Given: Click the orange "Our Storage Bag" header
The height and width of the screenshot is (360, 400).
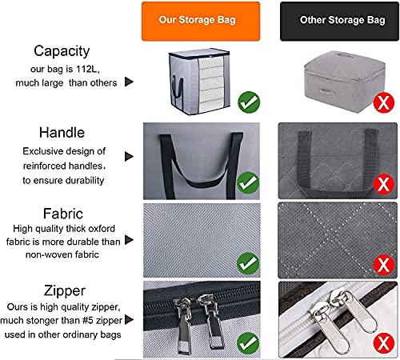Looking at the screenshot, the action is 201,22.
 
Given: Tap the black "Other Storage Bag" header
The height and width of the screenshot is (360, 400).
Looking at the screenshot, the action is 339,22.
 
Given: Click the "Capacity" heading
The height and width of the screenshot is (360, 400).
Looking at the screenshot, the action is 62,51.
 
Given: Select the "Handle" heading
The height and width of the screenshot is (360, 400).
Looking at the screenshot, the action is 62,133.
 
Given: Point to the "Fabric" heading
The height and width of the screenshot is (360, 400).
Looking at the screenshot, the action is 63,214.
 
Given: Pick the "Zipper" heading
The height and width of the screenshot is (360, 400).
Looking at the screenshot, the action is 65,290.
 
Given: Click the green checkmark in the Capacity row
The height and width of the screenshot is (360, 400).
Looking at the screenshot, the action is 249,102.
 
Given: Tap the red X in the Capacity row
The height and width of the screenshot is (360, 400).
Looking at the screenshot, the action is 384,102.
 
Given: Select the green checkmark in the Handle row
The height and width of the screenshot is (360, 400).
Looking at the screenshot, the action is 248,183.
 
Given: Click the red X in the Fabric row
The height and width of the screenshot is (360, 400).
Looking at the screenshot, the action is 384,265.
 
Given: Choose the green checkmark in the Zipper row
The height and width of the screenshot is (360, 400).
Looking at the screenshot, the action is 248,343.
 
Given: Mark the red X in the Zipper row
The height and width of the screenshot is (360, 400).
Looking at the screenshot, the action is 384,343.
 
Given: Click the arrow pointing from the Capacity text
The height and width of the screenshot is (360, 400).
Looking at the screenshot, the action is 129,82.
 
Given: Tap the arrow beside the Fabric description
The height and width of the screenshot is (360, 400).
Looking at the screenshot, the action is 129,240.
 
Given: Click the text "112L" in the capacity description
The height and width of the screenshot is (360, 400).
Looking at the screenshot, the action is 87,69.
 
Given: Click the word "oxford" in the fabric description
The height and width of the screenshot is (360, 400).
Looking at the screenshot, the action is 102,229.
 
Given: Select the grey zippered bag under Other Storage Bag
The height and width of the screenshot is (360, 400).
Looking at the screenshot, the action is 345,82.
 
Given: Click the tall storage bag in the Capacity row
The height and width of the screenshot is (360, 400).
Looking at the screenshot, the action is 199,82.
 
